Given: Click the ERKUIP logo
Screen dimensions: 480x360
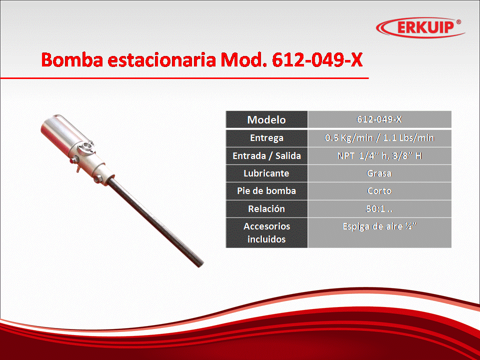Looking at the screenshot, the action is coord(420,27).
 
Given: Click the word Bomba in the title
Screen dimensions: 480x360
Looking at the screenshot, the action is coord(72,59).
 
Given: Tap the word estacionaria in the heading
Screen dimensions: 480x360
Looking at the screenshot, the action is coord(161,59).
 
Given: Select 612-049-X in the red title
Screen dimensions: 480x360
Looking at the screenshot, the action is coord(317,59).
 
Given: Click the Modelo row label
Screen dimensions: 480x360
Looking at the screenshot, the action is coord(266,119).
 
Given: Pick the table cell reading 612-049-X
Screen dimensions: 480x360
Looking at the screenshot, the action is coord(379,119).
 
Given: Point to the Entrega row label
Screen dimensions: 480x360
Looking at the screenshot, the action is coord(266,138).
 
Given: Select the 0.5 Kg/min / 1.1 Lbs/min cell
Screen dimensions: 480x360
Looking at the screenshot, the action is coord(379,138).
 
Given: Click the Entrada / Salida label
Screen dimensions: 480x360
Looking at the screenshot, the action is coord(266,156).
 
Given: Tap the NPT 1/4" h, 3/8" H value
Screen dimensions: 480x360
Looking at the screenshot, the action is coord(379,156).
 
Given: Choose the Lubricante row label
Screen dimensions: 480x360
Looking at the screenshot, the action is coord(266,173).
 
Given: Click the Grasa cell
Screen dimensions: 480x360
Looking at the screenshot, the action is coord(379,173).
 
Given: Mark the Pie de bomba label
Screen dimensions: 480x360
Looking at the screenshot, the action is coord(266,191).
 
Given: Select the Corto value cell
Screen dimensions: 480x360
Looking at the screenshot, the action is coord(379,191).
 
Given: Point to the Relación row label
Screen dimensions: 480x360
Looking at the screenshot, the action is coord(266,209).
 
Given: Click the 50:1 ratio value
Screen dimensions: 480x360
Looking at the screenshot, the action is coord(379,209).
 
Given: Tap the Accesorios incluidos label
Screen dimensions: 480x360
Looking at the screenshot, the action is coord(266,232).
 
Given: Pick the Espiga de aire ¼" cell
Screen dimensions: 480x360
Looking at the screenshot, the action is coord(379,232).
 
